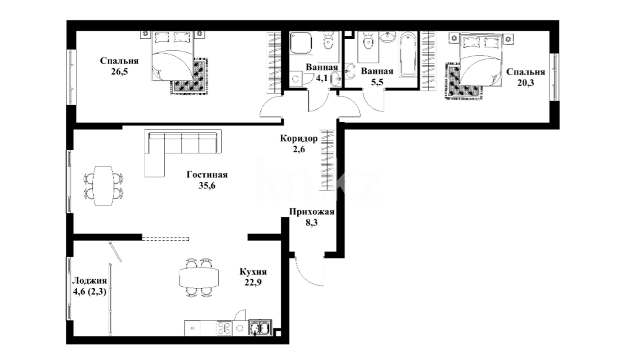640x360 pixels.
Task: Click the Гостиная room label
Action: tap(207, 175)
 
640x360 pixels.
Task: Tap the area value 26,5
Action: tap(120, 71)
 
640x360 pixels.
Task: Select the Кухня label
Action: tap(253, 272)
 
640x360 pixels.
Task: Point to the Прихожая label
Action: tap(312, 212)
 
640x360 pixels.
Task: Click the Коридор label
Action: tap(299, 138)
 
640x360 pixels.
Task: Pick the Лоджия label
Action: tap(90, 281)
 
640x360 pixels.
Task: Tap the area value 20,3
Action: tap(526, 83)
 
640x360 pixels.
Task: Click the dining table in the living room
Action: tap(103, 186)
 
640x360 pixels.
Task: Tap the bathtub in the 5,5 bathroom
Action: tap(408, 54)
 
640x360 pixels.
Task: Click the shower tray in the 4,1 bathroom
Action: tap(301, 43)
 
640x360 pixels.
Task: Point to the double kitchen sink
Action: tap(260, 328)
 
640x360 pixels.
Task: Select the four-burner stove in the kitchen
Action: tap(224, 328)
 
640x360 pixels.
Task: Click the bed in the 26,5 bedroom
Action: tap(173, 56)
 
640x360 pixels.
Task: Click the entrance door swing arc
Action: tap(305, 275)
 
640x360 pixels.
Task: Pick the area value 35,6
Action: tap(207, 186)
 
